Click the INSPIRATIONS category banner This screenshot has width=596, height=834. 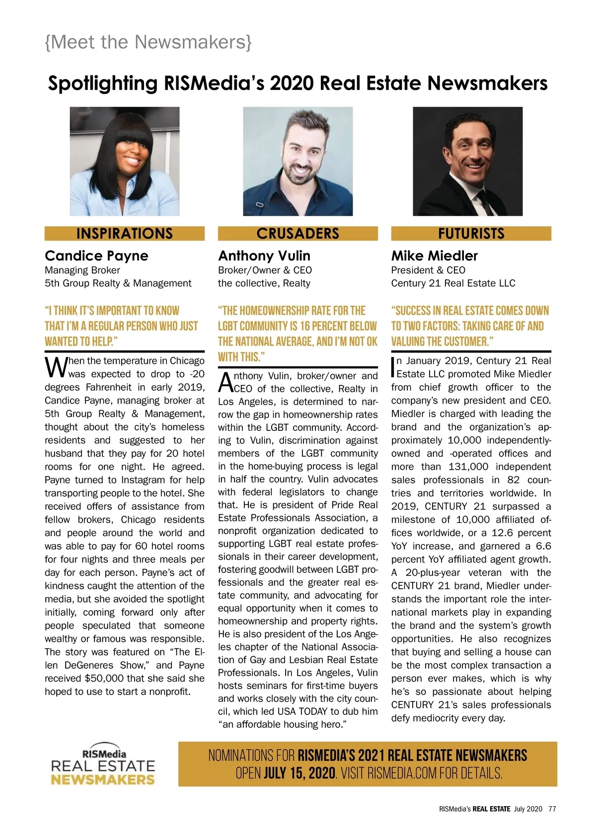click(x=124, y=233)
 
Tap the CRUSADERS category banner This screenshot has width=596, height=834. click(x=298, y=233)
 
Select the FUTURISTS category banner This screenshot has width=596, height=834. click(x=471, y=233)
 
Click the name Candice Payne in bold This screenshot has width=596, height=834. click(x=96, y=256)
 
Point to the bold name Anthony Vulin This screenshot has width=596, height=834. click(x=264, y=256)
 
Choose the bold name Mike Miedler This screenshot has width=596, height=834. click(x=434, y=256)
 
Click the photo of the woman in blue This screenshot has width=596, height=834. click(x=125, y=161)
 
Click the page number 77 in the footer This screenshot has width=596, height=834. click(x=552, y=809)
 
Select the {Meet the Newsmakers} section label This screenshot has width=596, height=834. click(x=148, y=42)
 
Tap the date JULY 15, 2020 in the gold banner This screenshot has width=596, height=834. click(x=299, y=773)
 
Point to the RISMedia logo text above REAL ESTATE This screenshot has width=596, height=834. click(x=104, y=754)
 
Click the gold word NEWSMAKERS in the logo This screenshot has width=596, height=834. click(x=103, y=779)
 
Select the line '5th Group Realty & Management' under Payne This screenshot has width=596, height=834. click(x=118, y=283)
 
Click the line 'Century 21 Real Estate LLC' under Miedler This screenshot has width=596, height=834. click(x=453, y=283)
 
